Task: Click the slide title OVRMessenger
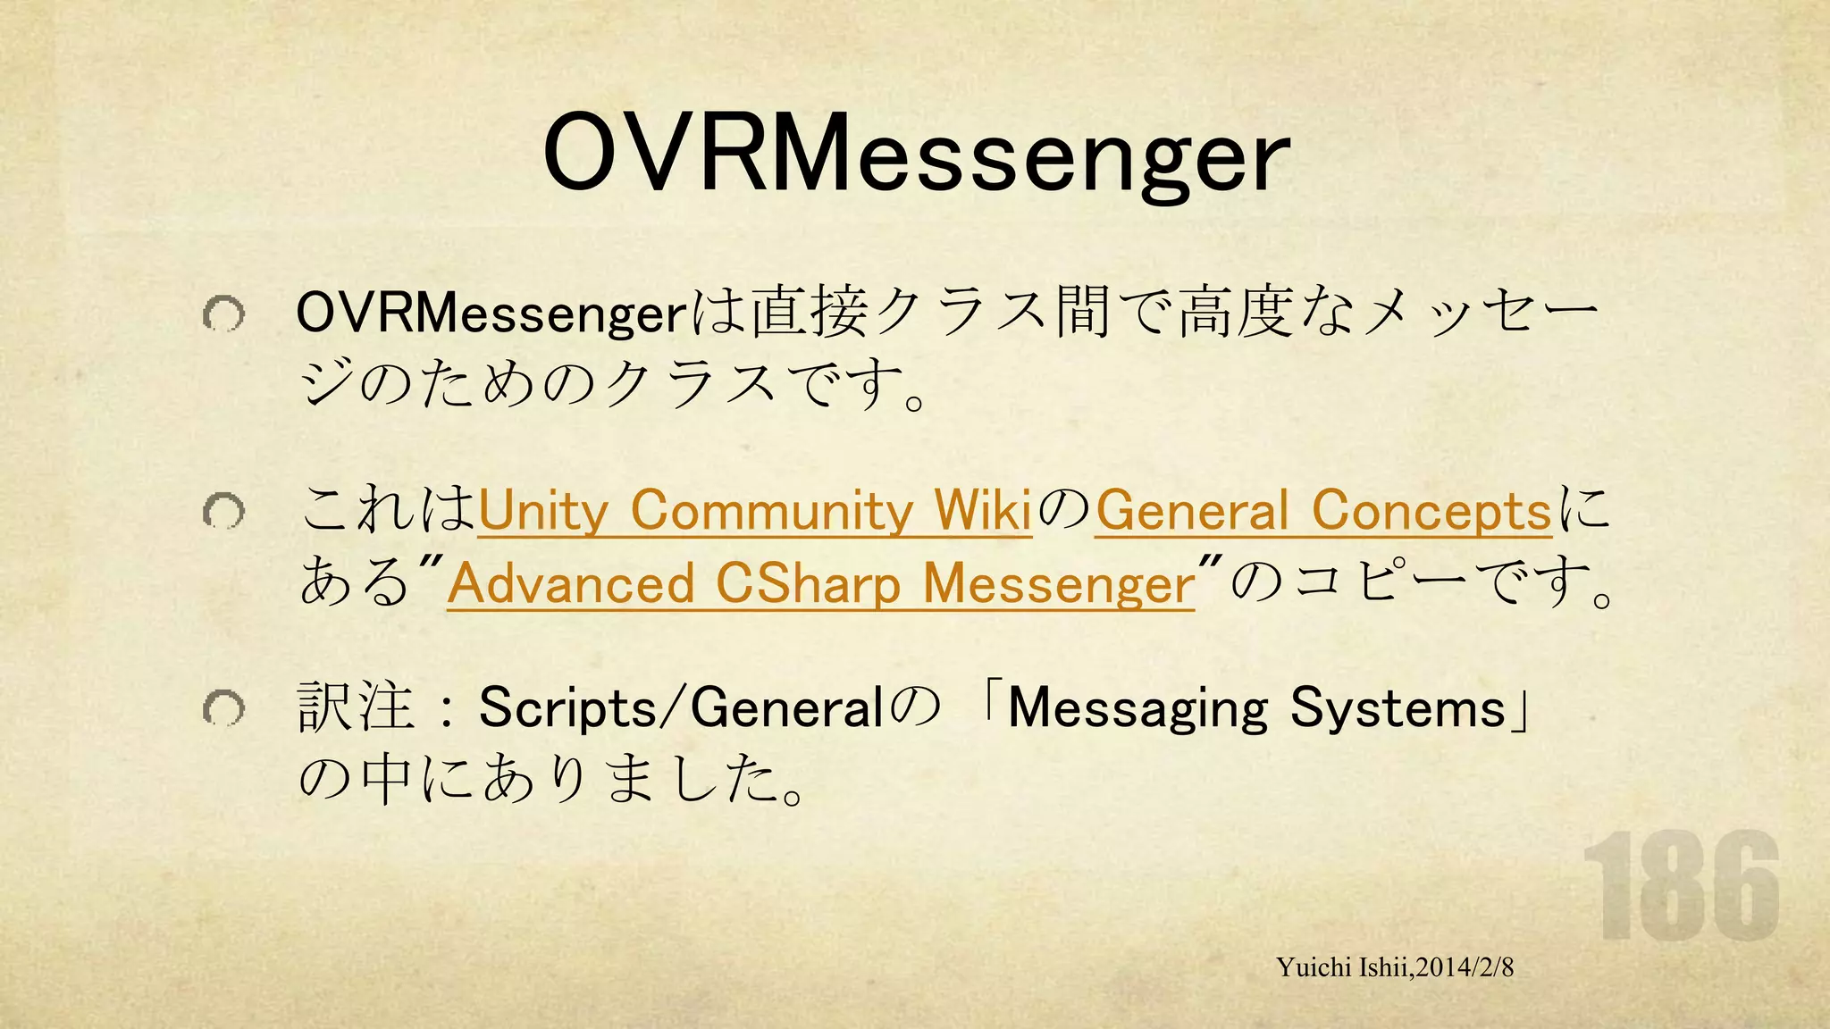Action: pyautogui.click(x=915, y=154)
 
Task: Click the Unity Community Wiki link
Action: pyautogui.click(x=755, y=511)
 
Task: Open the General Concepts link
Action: pyautogui.click(x=1323, y=511)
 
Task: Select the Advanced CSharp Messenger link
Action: pyautogui.click(x=820, y=583)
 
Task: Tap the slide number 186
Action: pyautogui.click(x=1681, y=886)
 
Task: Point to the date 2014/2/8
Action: pyautogui.click(x=1465, y=967)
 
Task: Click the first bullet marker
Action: pyautogui.click(x=222, y=314)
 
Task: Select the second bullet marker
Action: pyautogui.click(x=222, y=512)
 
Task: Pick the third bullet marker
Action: pyautogui.click(x=222, y=709)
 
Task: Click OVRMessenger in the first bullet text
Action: pyautogui.click(x=491, y=314)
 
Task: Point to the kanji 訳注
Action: pyautogui.click(x=356, y=708)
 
